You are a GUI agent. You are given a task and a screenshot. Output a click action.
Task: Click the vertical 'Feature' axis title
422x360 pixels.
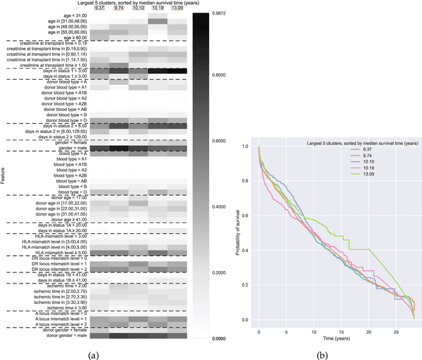[x=5, y=178]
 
